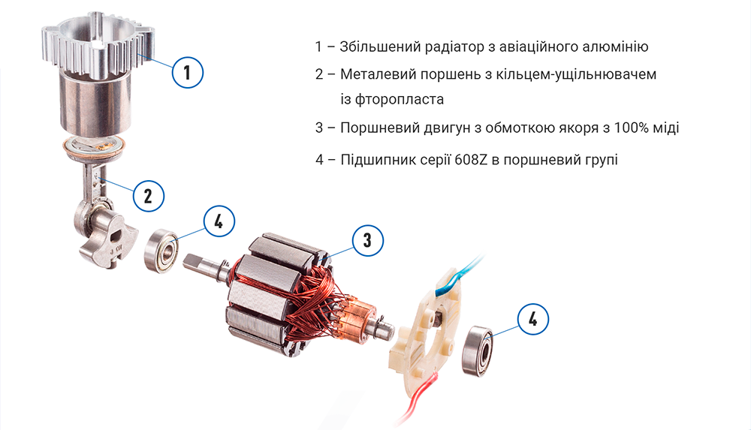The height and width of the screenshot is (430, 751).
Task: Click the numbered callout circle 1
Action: point(187,72)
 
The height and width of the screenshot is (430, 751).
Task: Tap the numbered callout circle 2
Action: point(148,196)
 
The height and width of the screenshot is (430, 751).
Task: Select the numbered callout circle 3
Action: point(368,240)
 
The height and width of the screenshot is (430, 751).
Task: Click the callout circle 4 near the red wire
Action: point(533,319)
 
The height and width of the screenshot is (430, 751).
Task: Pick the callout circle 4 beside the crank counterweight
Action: point(219,221)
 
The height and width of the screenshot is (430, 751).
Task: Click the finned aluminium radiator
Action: point(98,46)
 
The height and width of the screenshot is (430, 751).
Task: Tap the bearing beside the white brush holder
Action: point(478,351)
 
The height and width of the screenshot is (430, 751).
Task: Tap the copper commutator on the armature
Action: point(357,317)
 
